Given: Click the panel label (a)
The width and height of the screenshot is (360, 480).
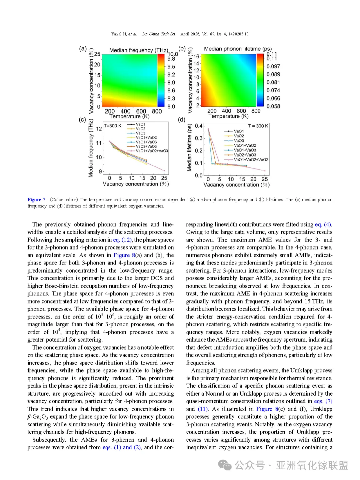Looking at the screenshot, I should pyautogui.click(x=83, y=49).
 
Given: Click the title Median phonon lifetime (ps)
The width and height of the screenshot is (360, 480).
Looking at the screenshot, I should pyautogui.click(x=238, y=49).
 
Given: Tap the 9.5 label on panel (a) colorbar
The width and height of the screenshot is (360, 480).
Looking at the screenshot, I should pyautogui.click(x=171, y=67).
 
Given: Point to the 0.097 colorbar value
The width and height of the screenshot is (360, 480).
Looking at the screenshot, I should pyautogui.click(x=273, y=66).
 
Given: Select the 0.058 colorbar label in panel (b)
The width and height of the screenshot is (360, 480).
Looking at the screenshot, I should pyautogui.click(x=273, y=106).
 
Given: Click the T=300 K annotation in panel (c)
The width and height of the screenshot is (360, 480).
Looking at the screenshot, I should pyautogui.click(x=113, y=126).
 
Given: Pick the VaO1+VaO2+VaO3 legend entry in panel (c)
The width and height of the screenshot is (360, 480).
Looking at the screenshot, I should pyautogui.click(x=152, y=151).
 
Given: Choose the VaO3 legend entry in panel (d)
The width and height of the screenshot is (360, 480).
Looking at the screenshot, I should pyautogui.click(x=239, y=141).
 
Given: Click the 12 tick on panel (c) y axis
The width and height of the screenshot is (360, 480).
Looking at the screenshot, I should pyautogui.click(x=99, y=129).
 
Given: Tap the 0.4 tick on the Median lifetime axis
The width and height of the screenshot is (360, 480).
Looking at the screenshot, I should pyautogui.click(x=199, y=126).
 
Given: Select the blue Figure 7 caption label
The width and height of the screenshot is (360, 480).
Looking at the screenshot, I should pyautogui.click(x=36, y=199).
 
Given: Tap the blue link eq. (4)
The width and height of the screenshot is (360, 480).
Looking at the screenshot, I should pyautogui.click(x=323, y=224).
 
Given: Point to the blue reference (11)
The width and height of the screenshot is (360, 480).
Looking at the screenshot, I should pyautogui.click(x=203, y=409).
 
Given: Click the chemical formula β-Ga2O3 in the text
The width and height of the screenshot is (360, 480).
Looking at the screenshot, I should pyautogui.click(x=38, y=417).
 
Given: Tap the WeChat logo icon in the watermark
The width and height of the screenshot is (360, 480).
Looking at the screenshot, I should pyautogui.click(x=225, y=465).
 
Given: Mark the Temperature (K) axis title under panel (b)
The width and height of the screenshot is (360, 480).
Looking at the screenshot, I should pyautogui.click(x=228, y=116).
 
